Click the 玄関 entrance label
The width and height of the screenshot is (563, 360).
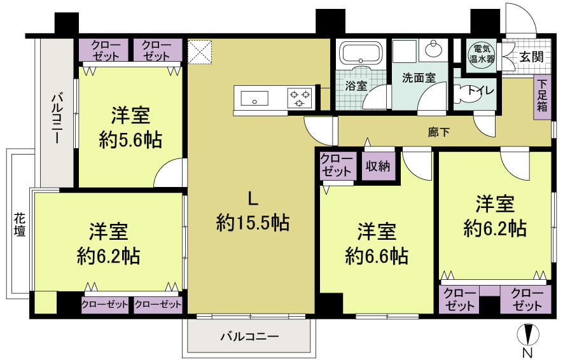[531, 57]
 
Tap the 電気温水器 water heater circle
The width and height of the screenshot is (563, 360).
[482, 54]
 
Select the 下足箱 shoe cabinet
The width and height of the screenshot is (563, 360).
[542, 95]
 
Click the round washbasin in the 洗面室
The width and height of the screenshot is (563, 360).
[433, 49]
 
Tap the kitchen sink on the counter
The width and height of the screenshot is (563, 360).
[254, 99]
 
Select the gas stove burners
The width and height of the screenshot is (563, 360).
[300, 97]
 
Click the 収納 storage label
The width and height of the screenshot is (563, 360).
[378, 166]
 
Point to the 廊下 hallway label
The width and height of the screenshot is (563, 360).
[439, 132]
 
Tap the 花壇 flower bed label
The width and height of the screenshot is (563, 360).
[20, 225]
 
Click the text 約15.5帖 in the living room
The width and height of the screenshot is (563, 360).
[253, 223]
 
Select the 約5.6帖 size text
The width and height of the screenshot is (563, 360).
[130, 140]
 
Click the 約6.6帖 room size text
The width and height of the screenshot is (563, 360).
[377, 256]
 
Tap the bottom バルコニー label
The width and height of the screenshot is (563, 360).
[249, 336]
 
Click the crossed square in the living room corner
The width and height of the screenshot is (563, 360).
[200, 52]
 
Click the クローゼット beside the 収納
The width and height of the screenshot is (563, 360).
[337, 165]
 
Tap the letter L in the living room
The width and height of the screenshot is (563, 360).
[253, 198]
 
